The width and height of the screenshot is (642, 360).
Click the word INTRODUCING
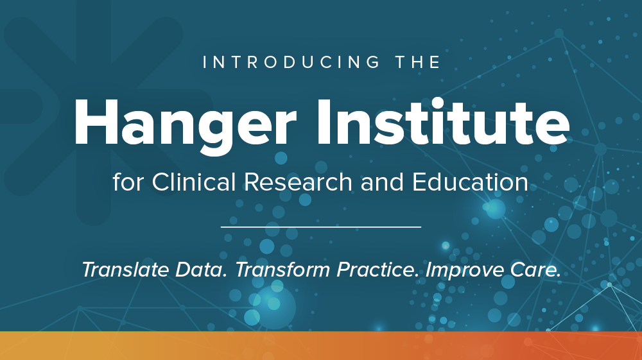(x=291, y=62)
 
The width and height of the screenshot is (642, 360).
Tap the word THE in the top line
(x=418, y=62)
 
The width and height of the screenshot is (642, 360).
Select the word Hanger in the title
(x=185, y=124)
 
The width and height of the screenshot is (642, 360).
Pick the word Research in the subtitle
(x=299, y=182)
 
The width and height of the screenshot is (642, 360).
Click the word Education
(x=470, y=182)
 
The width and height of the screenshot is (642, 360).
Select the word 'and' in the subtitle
(x=383, y=182)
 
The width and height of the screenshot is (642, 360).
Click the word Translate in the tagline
(x=125, y=270)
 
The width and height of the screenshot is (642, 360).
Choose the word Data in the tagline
(x=201, y=270)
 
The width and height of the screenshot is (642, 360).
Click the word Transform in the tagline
(x=282, y=270)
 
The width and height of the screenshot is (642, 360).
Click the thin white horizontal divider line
(x=321, y=227)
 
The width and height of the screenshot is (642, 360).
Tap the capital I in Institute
(x=324, y=122)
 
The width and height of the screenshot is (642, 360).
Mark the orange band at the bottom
(x=321, y=346)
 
